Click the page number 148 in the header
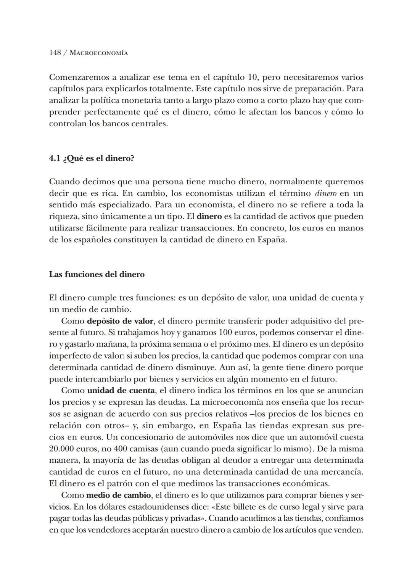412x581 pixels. pyautogui.click(x=55, y=53)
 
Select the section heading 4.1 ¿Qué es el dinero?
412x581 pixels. pyautogui.click(x=92, y=158)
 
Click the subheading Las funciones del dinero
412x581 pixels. pyautogui.click(x=97, y=274)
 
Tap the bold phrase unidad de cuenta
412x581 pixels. pyautogui.click(x=121, y=391)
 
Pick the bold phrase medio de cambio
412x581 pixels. pyautogui.click(x=119, y=496)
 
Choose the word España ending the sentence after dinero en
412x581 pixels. pyautogui.click(x=271, y=240)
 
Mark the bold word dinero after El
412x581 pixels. pyautogui.click(x=209, y=216)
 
